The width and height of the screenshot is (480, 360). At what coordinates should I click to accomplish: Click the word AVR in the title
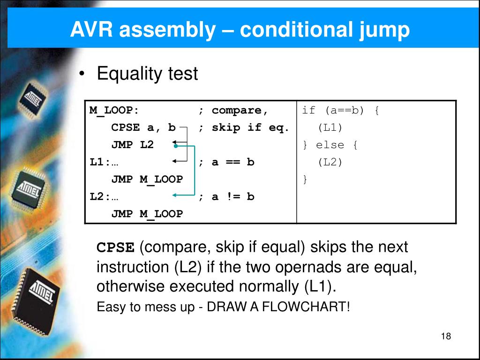(91, 30)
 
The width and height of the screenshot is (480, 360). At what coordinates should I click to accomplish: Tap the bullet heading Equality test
(147, 74)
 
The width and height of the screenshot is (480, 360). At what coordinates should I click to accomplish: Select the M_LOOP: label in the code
(114, 111)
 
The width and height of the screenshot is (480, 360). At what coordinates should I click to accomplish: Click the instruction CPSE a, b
(143, 127)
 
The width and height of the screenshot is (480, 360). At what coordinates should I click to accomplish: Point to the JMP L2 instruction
(132, 145)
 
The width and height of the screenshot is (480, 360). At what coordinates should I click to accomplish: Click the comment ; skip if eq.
(244, 127)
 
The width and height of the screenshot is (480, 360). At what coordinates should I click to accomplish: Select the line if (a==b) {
(340, 111)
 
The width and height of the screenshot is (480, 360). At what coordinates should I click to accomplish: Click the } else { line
(330, 145)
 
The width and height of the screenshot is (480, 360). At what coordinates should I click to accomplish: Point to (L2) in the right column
(330, 162)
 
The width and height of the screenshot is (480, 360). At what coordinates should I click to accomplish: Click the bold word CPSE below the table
(115, 247)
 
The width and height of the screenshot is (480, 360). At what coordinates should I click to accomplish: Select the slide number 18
(446, 337)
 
